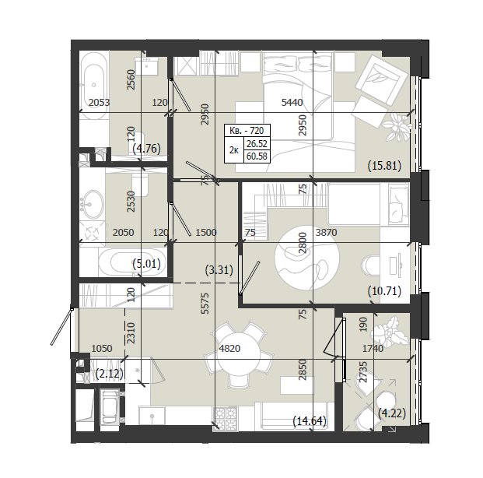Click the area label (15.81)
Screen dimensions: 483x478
pos(384,166)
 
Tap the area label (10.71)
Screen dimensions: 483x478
pos(384,291)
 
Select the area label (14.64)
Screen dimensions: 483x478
pos(310,420)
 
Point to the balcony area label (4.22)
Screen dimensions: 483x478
pos(392,413)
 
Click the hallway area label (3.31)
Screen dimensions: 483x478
pos(219,270)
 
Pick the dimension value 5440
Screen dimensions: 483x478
pos(292,103)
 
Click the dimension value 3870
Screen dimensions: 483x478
pos(326,232)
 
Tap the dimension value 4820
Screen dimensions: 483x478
pos(229,349)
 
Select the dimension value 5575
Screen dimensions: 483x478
pos(205,304)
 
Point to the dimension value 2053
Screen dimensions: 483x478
pos(99,103)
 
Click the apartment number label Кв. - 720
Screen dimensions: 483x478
pos(247,131)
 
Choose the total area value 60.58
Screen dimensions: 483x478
pos(257,156)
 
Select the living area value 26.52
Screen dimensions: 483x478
pos(257,144)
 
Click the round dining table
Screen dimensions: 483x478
pos(239,355)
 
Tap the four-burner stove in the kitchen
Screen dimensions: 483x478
pos(226,417)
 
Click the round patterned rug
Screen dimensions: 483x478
pos(306,257)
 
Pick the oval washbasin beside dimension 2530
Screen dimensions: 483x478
pos(93,203)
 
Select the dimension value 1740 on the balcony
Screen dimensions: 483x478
pos(373,349)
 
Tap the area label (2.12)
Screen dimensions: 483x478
pos(110,374)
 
